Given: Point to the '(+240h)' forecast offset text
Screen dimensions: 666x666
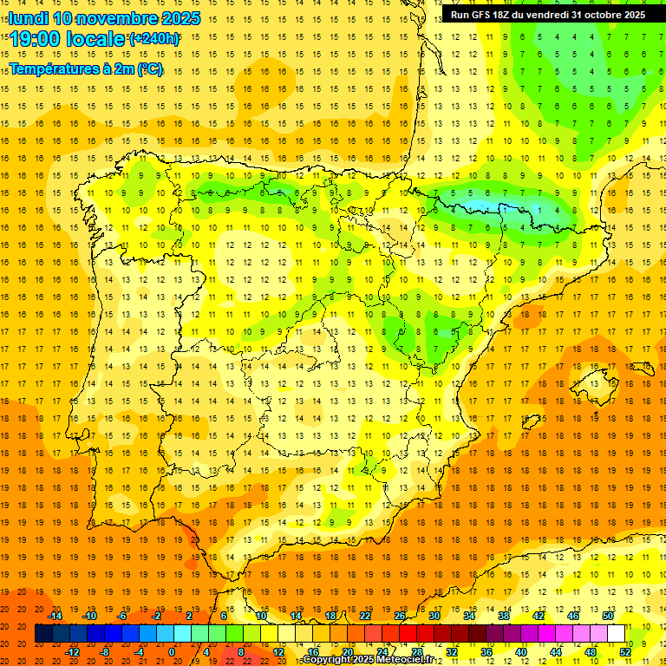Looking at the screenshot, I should [x=154, y=39].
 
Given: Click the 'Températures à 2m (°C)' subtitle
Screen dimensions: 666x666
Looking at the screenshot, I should [x=86, y=69].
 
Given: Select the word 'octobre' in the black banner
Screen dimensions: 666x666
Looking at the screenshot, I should [x=598, y=15].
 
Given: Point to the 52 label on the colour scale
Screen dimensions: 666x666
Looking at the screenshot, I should [x=624, y=652].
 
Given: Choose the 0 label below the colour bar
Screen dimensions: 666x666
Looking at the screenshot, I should [x=172, y=652].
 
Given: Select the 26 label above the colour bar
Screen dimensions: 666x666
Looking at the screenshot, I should [x=400, y=616].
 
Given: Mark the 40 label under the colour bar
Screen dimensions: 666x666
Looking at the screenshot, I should [x=521, y=652].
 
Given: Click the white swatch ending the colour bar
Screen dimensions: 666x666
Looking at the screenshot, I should [x=616, y=634].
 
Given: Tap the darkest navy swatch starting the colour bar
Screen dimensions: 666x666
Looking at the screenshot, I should [x=43, y=634].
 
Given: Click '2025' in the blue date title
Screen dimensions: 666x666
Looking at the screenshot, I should [x=180, y=18].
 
